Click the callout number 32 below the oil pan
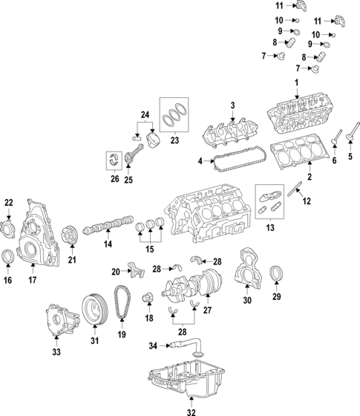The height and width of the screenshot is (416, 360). [x=191, y=411]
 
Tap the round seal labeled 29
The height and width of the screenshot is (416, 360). [x=276, y=273]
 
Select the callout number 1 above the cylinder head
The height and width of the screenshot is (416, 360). [x=295, y=81]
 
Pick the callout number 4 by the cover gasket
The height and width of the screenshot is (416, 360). [x=200, y=160]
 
